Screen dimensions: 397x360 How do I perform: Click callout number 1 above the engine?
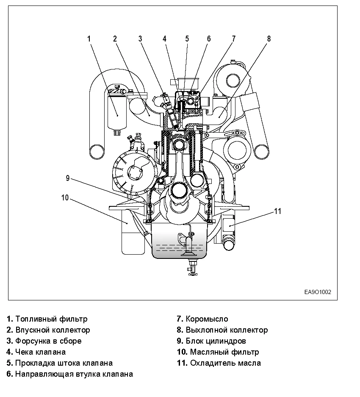[89, 39]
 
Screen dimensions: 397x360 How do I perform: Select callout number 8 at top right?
[269, 39]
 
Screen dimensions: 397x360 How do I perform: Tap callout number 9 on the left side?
[67, 178]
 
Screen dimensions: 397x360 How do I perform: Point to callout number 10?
[64, 197]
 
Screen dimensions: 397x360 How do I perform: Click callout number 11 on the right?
[277, 211]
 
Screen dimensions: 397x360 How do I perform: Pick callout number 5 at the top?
[187, 39]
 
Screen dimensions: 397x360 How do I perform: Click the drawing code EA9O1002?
[317, 292]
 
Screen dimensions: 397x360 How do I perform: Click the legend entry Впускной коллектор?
[53, 330]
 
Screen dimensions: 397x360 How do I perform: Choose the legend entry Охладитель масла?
[225, 363]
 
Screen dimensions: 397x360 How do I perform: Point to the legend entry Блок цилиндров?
[216, 341]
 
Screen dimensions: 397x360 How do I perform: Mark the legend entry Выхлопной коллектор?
[227, 330]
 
